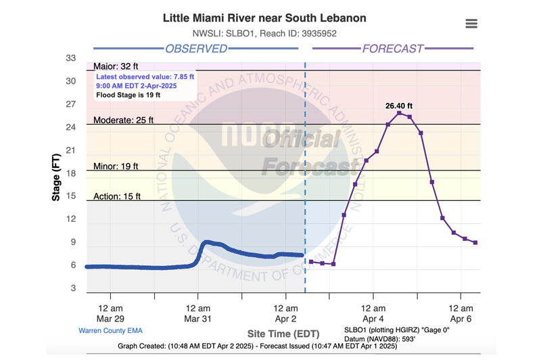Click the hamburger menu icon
click(x=471, y=24)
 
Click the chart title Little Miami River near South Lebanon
click(x=264, y=18)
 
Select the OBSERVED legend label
click(x=196, y=49)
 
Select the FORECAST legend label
click(x=393, y=49)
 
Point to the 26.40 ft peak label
click(x=399, y=106)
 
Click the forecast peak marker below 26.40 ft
click(x=399, y=113)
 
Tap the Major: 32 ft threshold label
click(x=116, y=66)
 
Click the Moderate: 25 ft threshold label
click(x=123, y=120)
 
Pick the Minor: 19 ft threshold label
click(x=116, y=166)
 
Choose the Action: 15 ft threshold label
click(x=116, y=196)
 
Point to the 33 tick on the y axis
click(x=71, y=58)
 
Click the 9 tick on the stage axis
click(x=73, y=242)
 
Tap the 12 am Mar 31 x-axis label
click(x=197, y=313)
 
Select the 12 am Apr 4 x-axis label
click(x=373, y=313)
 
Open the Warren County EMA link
click(x=110, y=331)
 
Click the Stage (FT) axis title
click(x=56, y=177)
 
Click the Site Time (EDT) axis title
click(x=283, y=334)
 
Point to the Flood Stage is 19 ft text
click(x=128, y=95)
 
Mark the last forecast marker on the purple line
click(x=475, y=243)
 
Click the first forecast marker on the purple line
click(x=311, y=262)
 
